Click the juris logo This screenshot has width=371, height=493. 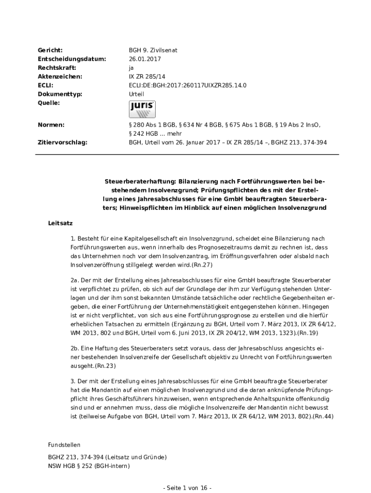point(142,109)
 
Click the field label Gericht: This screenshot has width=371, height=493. point(50,50)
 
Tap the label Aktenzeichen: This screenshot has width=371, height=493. point(60,77)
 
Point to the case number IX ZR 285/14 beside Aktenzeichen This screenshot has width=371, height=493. point(147,77)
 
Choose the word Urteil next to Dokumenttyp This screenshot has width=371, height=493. point(136,94)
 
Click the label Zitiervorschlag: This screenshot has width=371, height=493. point(63,143)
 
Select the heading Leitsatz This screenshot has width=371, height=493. point(60,223)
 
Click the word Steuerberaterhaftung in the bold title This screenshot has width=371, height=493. point(140,182)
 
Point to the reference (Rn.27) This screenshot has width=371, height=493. point(202,265)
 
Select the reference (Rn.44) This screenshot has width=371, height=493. point(323,416)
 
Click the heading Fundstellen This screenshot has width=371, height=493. point(64,445)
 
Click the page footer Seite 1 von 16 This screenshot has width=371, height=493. point(187,488)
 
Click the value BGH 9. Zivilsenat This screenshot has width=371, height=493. point(149,50)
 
